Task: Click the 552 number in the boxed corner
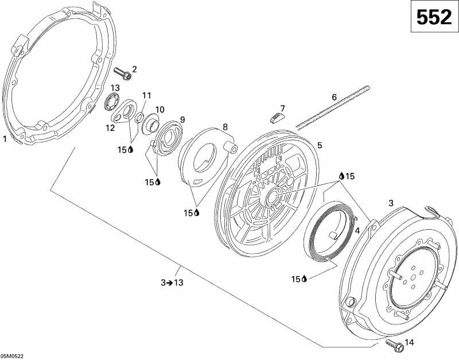pos(434,17)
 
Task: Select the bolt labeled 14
pos(395,346)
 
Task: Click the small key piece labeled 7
pos(277,118)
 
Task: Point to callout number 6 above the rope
pos(334,97)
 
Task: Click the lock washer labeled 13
pos(111,102)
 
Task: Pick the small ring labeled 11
pos(139,118)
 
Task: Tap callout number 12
pos(110,128)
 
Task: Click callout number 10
pos(160,110)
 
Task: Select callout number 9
pos(182,120)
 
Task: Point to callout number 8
pos(225,127)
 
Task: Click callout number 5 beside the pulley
pos(320,145)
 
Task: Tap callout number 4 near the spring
pos(357,231)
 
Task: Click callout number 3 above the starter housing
pos(391,203)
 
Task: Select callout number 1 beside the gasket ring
pos(5,139)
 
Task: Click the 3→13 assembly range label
pos(172,282)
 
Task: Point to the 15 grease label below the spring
pos(299,279)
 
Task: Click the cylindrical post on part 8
pos(230,147)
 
